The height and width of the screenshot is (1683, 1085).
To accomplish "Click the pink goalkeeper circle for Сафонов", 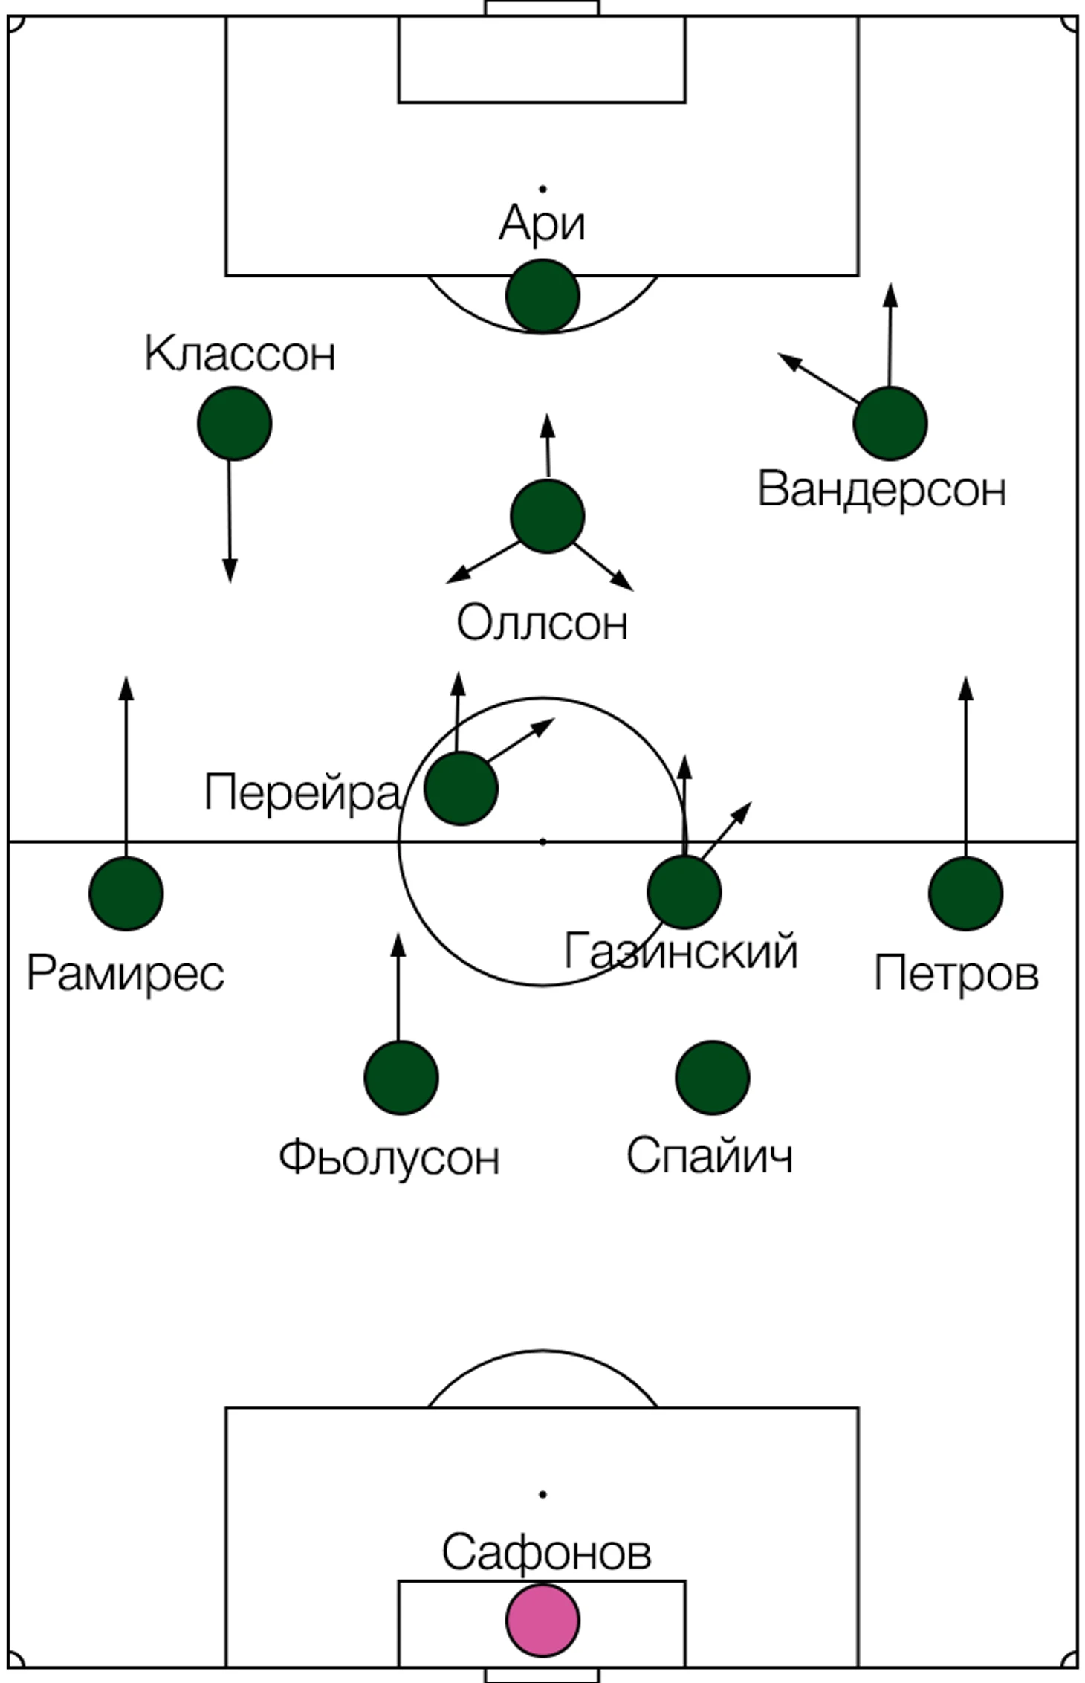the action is [542, 1620].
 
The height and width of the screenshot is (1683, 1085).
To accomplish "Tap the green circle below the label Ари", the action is [542, 296].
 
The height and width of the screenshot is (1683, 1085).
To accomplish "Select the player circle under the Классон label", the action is [234, 423].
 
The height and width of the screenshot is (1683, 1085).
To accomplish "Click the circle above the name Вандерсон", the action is [890, 423].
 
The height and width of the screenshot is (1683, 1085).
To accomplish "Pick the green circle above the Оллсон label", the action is [547, 516].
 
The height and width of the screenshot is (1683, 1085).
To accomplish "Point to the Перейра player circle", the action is [461, 788].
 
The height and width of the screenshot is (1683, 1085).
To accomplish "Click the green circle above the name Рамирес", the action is [126, 893].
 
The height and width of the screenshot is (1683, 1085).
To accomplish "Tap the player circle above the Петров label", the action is [965, 893].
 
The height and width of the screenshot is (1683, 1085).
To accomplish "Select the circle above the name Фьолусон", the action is [401, 1077].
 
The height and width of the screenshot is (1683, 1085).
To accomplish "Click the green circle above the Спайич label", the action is [712, 1077].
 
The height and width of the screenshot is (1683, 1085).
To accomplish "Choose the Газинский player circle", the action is [684, 891].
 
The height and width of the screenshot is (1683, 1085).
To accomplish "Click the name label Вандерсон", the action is [881, 489].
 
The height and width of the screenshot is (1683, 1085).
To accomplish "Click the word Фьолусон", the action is [389, 1157].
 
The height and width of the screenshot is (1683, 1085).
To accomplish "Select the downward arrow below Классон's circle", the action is [230, 520].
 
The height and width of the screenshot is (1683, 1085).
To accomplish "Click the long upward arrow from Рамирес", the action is [126, 766].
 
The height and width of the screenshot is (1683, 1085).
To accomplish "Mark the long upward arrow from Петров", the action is [965, 766].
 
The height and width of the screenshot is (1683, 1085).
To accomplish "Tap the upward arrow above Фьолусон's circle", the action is [398, 986].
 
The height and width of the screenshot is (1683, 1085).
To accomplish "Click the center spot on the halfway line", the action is [542, 841].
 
